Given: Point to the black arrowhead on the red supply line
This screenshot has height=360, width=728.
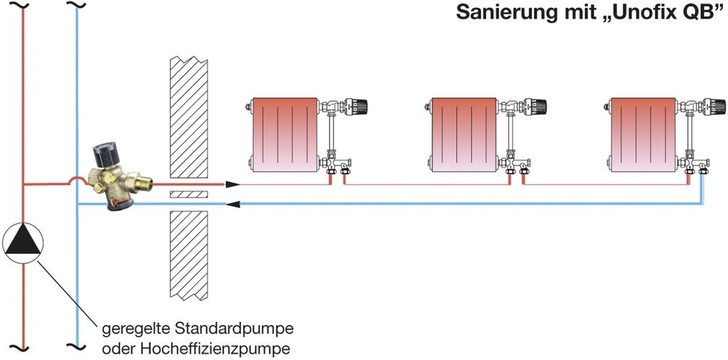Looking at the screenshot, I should [x=232, y=185].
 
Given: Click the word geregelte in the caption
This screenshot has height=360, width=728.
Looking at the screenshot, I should [x=135, y=328].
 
